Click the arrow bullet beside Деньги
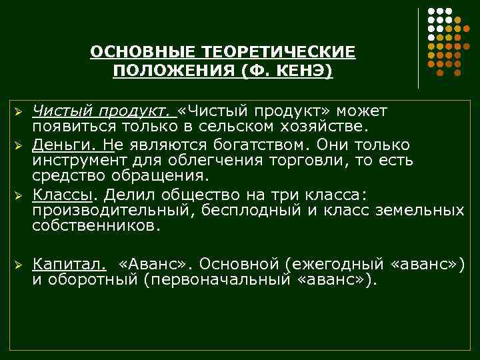click(20, 145)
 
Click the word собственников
click(96, 227)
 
